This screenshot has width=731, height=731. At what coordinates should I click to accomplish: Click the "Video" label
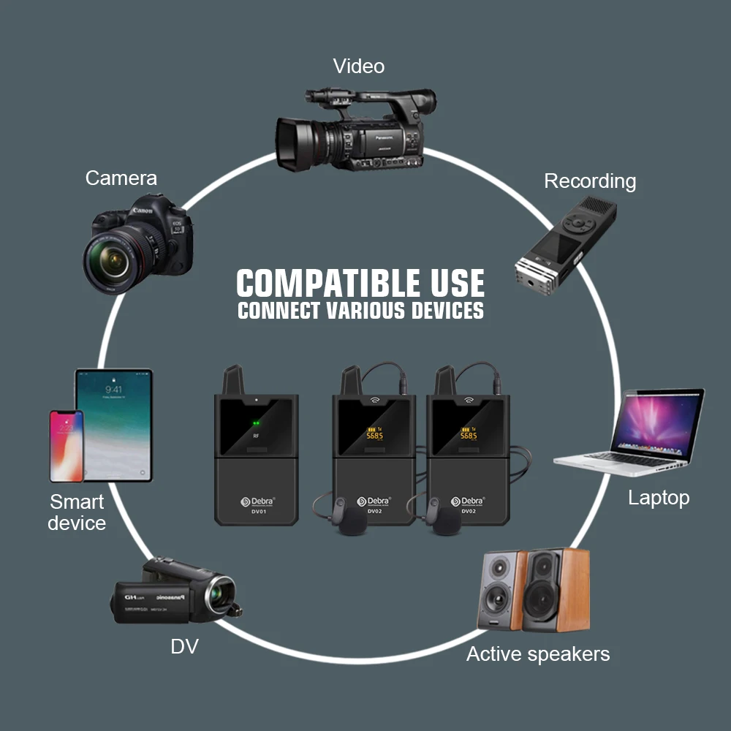[358, 67]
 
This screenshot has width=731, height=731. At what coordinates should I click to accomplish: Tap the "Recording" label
[590, 181]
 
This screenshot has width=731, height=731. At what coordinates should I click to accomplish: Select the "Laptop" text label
[659, 498]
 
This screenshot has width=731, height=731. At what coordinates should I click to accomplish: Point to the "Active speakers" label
[538, 654]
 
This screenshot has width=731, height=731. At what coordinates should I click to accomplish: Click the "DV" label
[184, 646]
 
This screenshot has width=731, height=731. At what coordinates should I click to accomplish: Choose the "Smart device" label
[77, 512]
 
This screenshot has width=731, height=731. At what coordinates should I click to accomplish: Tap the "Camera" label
[121, 178]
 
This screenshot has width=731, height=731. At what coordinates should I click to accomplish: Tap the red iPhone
[66, 446]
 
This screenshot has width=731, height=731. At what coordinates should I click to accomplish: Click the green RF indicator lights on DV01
[256, 422]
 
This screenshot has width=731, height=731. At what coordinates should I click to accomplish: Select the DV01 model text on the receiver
[256, 512]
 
